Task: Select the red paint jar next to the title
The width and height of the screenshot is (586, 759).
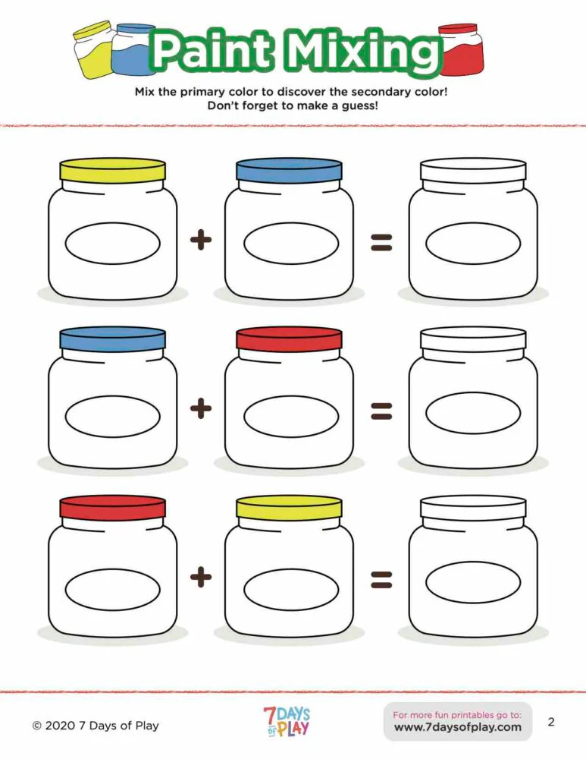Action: [x=460, y=50]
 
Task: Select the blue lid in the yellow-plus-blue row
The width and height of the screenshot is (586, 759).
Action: [x=289, y=171]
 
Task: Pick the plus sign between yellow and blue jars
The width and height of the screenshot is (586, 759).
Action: [x=200, y=241]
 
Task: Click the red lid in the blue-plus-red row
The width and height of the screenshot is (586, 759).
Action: [x=289, y=340]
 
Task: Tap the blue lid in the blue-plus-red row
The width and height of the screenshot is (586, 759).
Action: [x=112, y=340]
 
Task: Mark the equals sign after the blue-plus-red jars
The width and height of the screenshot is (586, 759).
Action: [x=381, y=411]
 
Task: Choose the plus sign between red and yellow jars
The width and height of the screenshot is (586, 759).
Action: [x=200, y=578]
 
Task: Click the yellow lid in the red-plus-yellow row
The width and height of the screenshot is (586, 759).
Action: [x=289, y=509]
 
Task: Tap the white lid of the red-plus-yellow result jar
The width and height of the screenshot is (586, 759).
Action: [x=473, y=507]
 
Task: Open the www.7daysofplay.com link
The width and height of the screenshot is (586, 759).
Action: [x=458, y=727]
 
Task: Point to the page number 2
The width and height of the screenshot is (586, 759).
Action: [x=551, y=722]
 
